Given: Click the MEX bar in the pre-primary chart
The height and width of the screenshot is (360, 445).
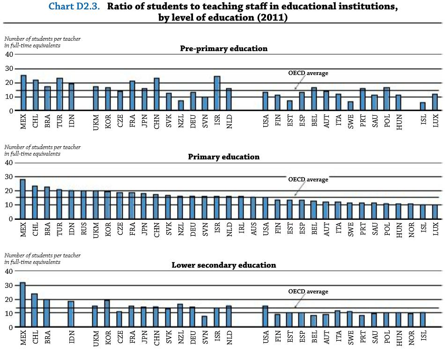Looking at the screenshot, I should coord(23,93).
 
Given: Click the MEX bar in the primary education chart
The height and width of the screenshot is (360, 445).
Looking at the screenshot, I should coord(23,199).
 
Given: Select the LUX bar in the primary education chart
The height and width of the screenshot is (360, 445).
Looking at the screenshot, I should coord(435,212).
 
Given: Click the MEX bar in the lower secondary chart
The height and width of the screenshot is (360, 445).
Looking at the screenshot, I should coord(23,305).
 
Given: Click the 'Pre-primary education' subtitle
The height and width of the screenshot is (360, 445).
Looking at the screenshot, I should coord(223,49).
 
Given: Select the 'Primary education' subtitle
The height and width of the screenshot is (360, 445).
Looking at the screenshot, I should coord(223,157).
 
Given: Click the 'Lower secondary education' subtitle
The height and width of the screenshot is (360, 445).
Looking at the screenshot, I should coord(223,265).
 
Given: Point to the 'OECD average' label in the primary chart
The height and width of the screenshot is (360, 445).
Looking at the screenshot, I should coord(308,180).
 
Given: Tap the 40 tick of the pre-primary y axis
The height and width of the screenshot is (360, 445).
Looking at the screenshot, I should coord(9,55).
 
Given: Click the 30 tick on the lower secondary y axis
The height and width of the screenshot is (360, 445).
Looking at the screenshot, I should coord(9,285).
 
